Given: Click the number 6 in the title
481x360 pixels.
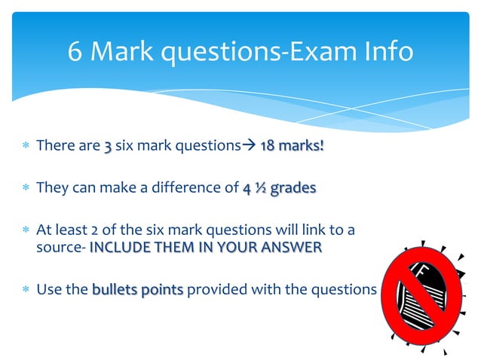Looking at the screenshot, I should tap(75, 52).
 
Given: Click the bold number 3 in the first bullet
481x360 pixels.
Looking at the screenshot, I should tap(109, 146).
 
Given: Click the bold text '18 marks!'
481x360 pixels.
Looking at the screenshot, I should tap(292, 146).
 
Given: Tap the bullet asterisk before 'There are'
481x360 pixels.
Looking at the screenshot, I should tap(25, 146).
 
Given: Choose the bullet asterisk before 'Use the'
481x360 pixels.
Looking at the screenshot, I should tap(25, 289).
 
